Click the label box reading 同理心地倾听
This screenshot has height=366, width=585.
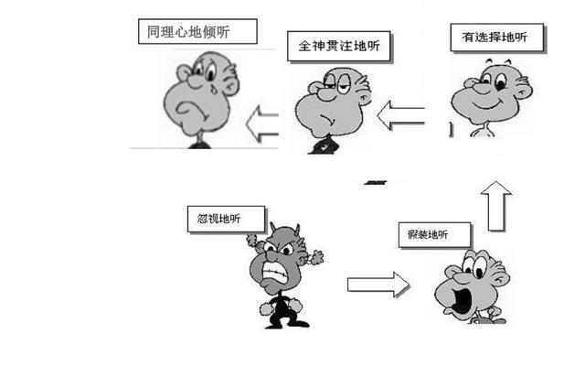coord(197,31)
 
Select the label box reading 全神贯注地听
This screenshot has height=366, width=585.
coord(339,46)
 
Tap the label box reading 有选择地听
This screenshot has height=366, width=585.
coord(496,37)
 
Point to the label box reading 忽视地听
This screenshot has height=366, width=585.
coord(226,219)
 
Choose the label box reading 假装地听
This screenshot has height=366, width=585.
coord(434,235)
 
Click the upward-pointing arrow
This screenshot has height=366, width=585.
coord(496,206)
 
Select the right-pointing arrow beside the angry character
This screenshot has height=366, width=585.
coord(378,285)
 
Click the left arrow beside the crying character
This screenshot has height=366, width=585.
coord(262,124)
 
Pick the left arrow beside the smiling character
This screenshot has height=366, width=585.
coord(400,115)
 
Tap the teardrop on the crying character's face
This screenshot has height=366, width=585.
coord(213,89)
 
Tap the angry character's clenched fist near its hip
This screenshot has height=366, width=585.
coord(266,309)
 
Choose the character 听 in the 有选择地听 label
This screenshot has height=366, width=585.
coord(521,37)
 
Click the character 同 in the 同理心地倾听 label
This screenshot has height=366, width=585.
coord(154,31)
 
